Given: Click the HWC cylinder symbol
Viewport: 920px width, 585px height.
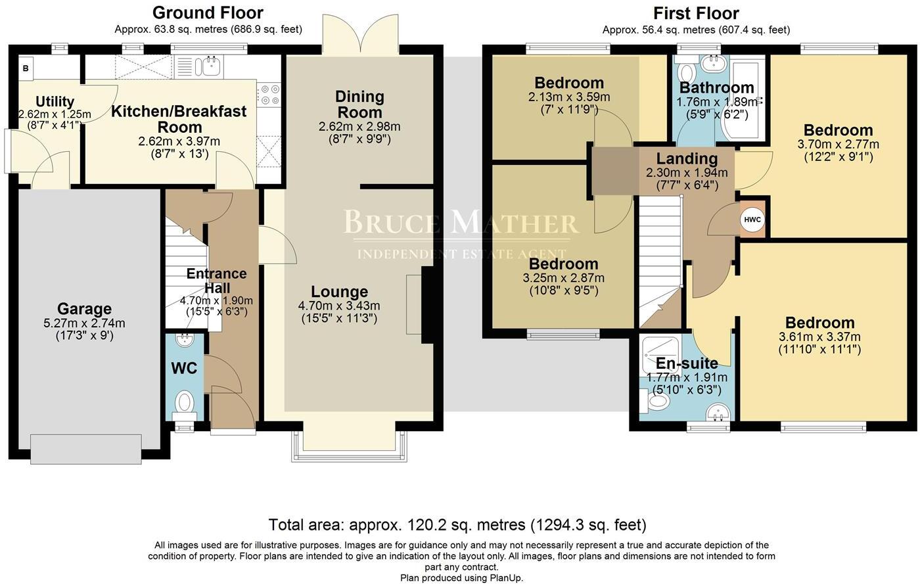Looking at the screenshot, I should (x=753, y=220).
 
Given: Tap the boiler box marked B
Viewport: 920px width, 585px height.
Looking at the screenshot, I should (x=26, y=67).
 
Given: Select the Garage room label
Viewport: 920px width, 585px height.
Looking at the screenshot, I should (x=84, y=309).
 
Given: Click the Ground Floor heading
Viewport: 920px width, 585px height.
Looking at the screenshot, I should (x=208, y=12).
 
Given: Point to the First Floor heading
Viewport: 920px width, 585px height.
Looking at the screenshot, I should (x=696, y=13).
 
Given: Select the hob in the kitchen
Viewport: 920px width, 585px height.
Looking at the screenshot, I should (x=269, y=95).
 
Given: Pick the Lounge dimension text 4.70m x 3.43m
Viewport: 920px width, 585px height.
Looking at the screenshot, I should (x=339, y=306).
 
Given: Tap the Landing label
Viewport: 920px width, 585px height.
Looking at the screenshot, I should (x=687, y=158).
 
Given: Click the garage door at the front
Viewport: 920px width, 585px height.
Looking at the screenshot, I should (x=85, y=449).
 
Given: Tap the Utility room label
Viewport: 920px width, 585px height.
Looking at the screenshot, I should (x=55, y=102).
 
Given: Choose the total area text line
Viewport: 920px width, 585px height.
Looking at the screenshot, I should (x=457, y=525).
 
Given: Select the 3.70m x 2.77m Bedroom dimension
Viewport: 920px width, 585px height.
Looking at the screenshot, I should (x=838, y=144).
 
